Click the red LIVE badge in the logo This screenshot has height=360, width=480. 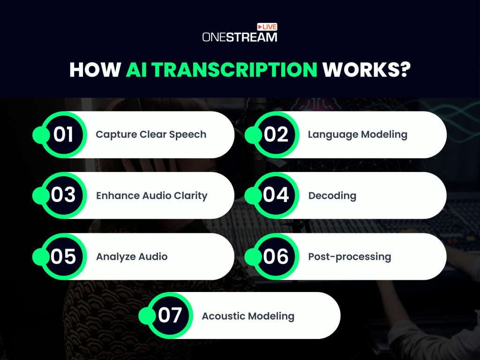coord(267,27)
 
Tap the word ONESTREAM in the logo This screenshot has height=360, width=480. coord(240,37)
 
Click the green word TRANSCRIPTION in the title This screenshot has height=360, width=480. coord(222,69)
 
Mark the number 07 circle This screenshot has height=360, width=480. coord(170,315)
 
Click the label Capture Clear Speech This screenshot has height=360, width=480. coord(151,135)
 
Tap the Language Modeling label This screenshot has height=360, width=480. coord(357,135)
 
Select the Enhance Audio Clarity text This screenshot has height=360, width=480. coord(151,195)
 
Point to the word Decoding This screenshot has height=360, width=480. coord(332,195)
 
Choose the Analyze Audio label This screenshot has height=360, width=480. coord(132,256)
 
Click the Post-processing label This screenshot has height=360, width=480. coord(349,256)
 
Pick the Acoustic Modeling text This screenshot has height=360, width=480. coord(248,316)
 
